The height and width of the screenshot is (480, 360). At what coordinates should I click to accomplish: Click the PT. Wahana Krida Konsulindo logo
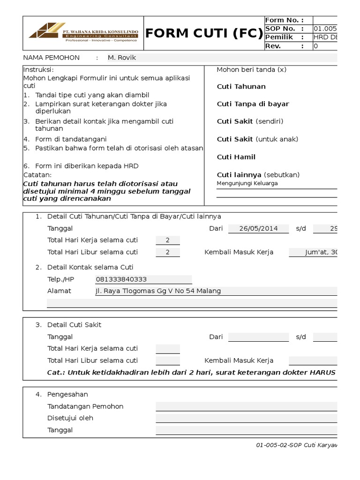click(x=83, y=33)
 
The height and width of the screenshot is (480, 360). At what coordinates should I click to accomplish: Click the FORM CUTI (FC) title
click(x=204, y=33)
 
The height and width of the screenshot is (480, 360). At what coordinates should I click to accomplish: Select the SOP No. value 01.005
click(x=325, y=29)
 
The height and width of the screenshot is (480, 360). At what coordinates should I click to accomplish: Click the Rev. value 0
click(x=315, y=46)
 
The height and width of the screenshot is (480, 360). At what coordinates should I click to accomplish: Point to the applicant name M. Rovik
click(x=122, y=58)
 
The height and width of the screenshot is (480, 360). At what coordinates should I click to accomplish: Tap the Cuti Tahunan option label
click(x=241, y=87)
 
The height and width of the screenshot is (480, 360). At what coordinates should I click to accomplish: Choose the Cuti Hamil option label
click(x=236, y=157)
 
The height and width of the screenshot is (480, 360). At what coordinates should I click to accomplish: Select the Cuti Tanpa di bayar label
click(x=253, y=104)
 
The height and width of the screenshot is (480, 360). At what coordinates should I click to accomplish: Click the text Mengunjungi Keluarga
click(x=247, y=183)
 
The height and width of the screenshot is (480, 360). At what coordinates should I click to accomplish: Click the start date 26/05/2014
click(x=258, y=228)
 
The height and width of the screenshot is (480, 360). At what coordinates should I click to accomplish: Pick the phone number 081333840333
click(x=121, y=279)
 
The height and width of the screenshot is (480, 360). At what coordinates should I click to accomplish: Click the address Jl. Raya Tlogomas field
click(x=158, y=291)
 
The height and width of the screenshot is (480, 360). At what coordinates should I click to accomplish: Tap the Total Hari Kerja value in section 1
click(x=167, y=240)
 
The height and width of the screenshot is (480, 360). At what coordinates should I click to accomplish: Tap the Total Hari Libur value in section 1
click(x=167, y=252)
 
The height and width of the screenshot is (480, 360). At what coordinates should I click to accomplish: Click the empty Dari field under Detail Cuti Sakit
click(x=258, y=337)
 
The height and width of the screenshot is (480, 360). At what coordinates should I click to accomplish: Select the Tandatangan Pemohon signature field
click(x=246, y=406)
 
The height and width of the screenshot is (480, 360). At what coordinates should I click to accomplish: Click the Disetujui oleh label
click(x=70, y=418)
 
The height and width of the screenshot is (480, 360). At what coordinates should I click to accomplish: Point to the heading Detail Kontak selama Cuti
click(x=90, y=267)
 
